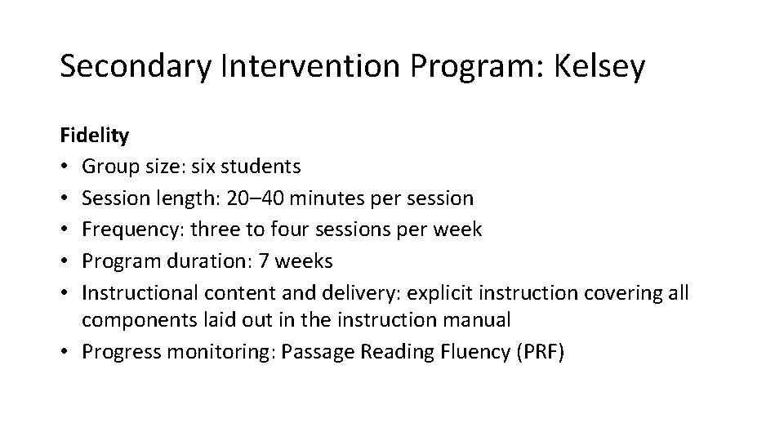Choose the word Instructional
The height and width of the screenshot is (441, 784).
[134, 292]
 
